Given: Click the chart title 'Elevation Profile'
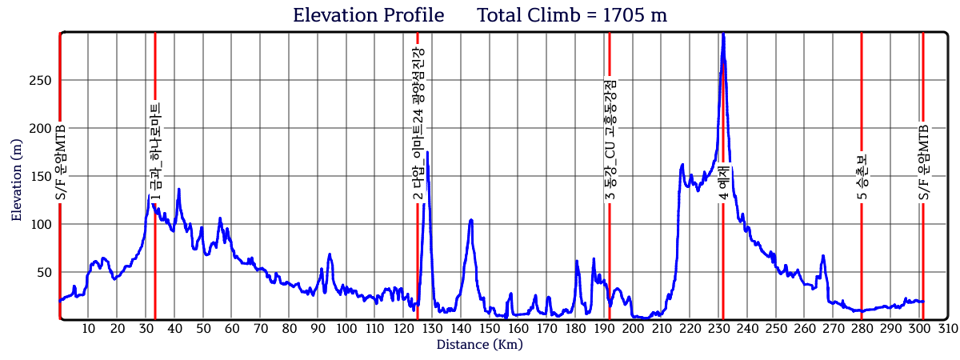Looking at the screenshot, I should coord(368,14).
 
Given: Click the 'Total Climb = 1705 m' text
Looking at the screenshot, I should coord(572,14).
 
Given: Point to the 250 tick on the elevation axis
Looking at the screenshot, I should coord(41,80).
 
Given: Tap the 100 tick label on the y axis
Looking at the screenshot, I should coord(41,224).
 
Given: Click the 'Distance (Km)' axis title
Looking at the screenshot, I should coord(479,345).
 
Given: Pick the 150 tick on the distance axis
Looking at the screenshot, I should coord(490,328).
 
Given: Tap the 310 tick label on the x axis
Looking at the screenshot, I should coord(948,328).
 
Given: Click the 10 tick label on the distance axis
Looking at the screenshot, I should coord(89,328).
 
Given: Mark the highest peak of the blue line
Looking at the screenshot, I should coord(723,35).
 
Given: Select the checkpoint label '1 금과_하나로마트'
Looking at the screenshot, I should coord(155,152).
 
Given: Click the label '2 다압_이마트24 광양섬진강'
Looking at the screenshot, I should coord(418,124).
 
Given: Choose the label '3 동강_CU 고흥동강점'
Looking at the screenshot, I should coord(610,140).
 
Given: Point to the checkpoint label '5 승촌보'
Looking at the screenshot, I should coord(862,176).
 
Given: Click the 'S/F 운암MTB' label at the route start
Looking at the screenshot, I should coord(61,164).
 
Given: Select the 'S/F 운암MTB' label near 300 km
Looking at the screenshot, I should coord(923,164).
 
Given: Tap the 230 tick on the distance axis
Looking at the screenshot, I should coord(719,328).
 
